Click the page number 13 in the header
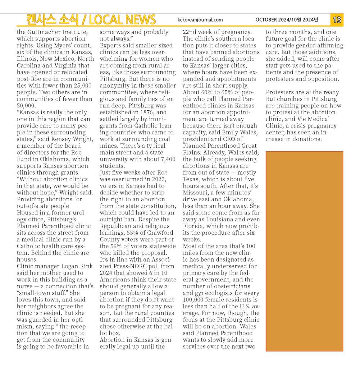[337, 20]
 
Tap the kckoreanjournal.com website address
[200, 20]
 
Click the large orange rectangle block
[304, 251]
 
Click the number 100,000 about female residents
[195, 300]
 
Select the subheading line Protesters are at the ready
[302, 92]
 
